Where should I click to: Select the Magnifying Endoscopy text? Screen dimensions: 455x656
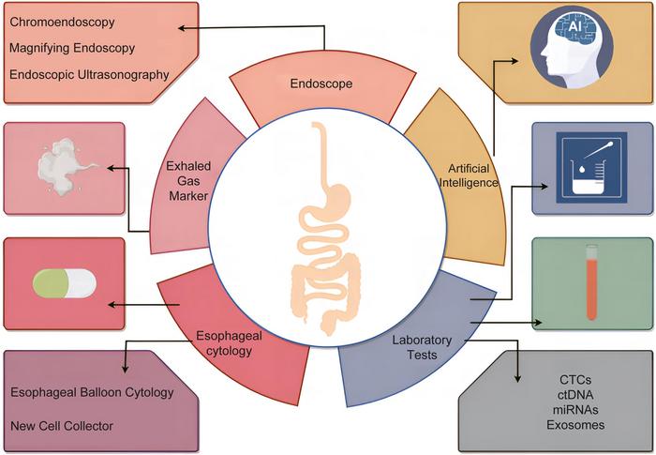[73, 47]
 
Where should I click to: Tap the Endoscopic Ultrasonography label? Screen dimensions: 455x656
[89, 74]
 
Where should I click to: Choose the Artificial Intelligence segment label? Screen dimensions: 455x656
[466, 174]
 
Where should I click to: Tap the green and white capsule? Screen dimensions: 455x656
[64, 283]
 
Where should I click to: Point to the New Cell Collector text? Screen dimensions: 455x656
[62, 426]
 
